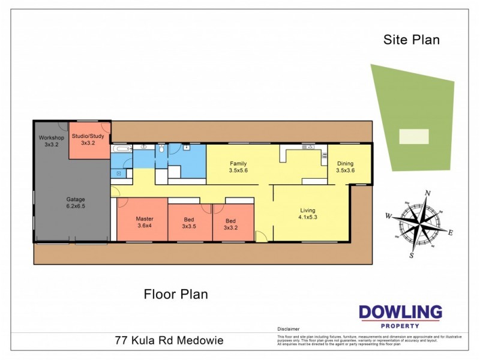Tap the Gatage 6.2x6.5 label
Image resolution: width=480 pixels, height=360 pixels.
[x=75, y=202]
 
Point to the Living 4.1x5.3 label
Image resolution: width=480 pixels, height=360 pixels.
[x=308, y=214]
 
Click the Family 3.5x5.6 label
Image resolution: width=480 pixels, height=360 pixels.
[x=238, y=167]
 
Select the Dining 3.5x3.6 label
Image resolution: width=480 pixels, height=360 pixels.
[x=345, y=167]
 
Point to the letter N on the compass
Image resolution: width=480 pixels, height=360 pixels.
[x=428, y=193]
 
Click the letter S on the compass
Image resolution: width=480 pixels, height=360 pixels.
[x=411, y=256]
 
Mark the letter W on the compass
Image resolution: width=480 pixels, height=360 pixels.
[x=389, y=216]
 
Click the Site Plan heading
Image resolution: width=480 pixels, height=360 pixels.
[x=412, y=40]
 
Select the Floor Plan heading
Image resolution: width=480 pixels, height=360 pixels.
[x=176, y=294]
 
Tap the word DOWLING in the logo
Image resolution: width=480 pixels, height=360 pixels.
[x=400, y=312]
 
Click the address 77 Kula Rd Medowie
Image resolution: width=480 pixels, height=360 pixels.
[x=169, y=340]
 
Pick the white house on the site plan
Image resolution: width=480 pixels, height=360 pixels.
[x=414, y=136]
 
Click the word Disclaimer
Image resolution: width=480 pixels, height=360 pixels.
[x=288, y=329]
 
